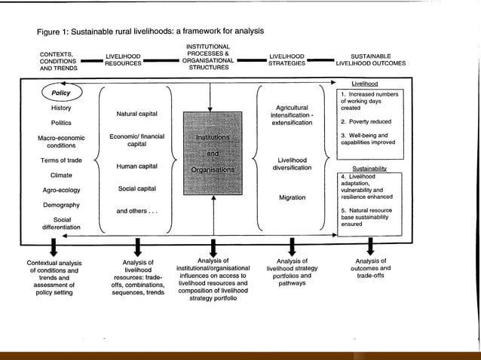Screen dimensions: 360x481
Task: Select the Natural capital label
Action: (x=136, y=113)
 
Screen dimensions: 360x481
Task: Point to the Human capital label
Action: (x=136, y=166)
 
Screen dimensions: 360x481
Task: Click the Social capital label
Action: (x=136, y=188)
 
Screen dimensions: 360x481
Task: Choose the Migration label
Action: (x=292, y=197)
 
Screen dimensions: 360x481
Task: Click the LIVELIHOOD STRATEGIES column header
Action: (x=286, y=59)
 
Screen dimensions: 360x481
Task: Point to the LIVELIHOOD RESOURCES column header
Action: (x=124, y=59)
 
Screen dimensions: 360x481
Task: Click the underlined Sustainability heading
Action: (x=369, y=170)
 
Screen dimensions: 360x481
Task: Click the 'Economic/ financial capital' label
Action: (x=136, y=139)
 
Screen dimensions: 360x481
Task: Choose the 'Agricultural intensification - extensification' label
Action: (x=292, y=114)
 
